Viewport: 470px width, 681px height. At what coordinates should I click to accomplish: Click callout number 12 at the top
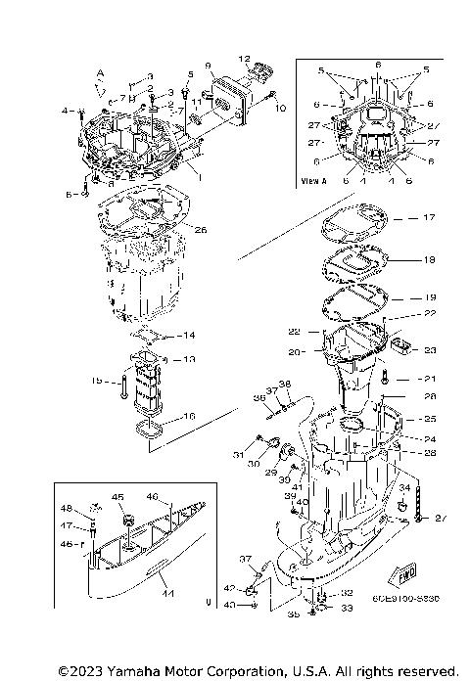point(245,59)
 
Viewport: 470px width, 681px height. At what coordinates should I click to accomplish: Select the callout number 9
point(209,66)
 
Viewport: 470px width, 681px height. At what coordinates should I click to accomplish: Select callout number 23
point(429,349)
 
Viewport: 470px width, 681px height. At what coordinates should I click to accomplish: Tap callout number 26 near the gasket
point(201,232)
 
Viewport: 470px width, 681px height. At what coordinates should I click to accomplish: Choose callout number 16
point(189,417)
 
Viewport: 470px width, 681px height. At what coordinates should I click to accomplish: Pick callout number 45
point(118,497)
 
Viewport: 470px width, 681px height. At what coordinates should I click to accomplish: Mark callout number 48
point(68,508)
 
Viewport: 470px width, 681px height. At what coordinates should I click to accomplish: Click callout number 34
point(403,487)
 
